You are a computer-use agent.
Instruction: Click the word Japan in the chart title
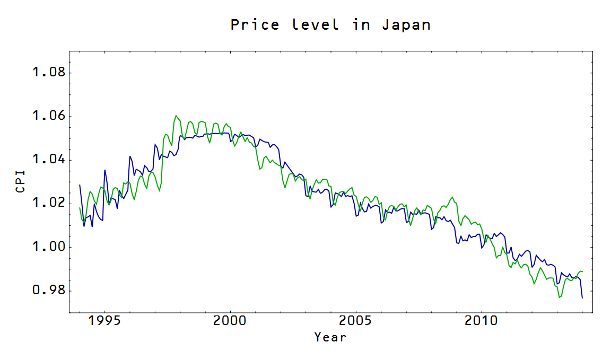click(x=406, y=25)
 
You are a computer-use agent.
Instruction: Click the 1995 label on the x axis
click(x=105, y=321)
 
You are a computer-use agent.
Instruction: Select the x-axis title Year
click(x=330, y=337)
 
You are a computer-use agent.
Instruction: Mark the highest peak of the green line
click(x=176, y=116)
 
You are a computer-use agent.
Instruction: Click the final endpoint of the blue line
click(x=582, y=298)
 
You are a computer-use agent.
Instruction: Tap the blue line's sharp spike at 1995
click(x=105, y=170)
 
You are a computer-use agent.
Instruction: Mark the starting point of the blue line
click(x=80, y=185)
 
